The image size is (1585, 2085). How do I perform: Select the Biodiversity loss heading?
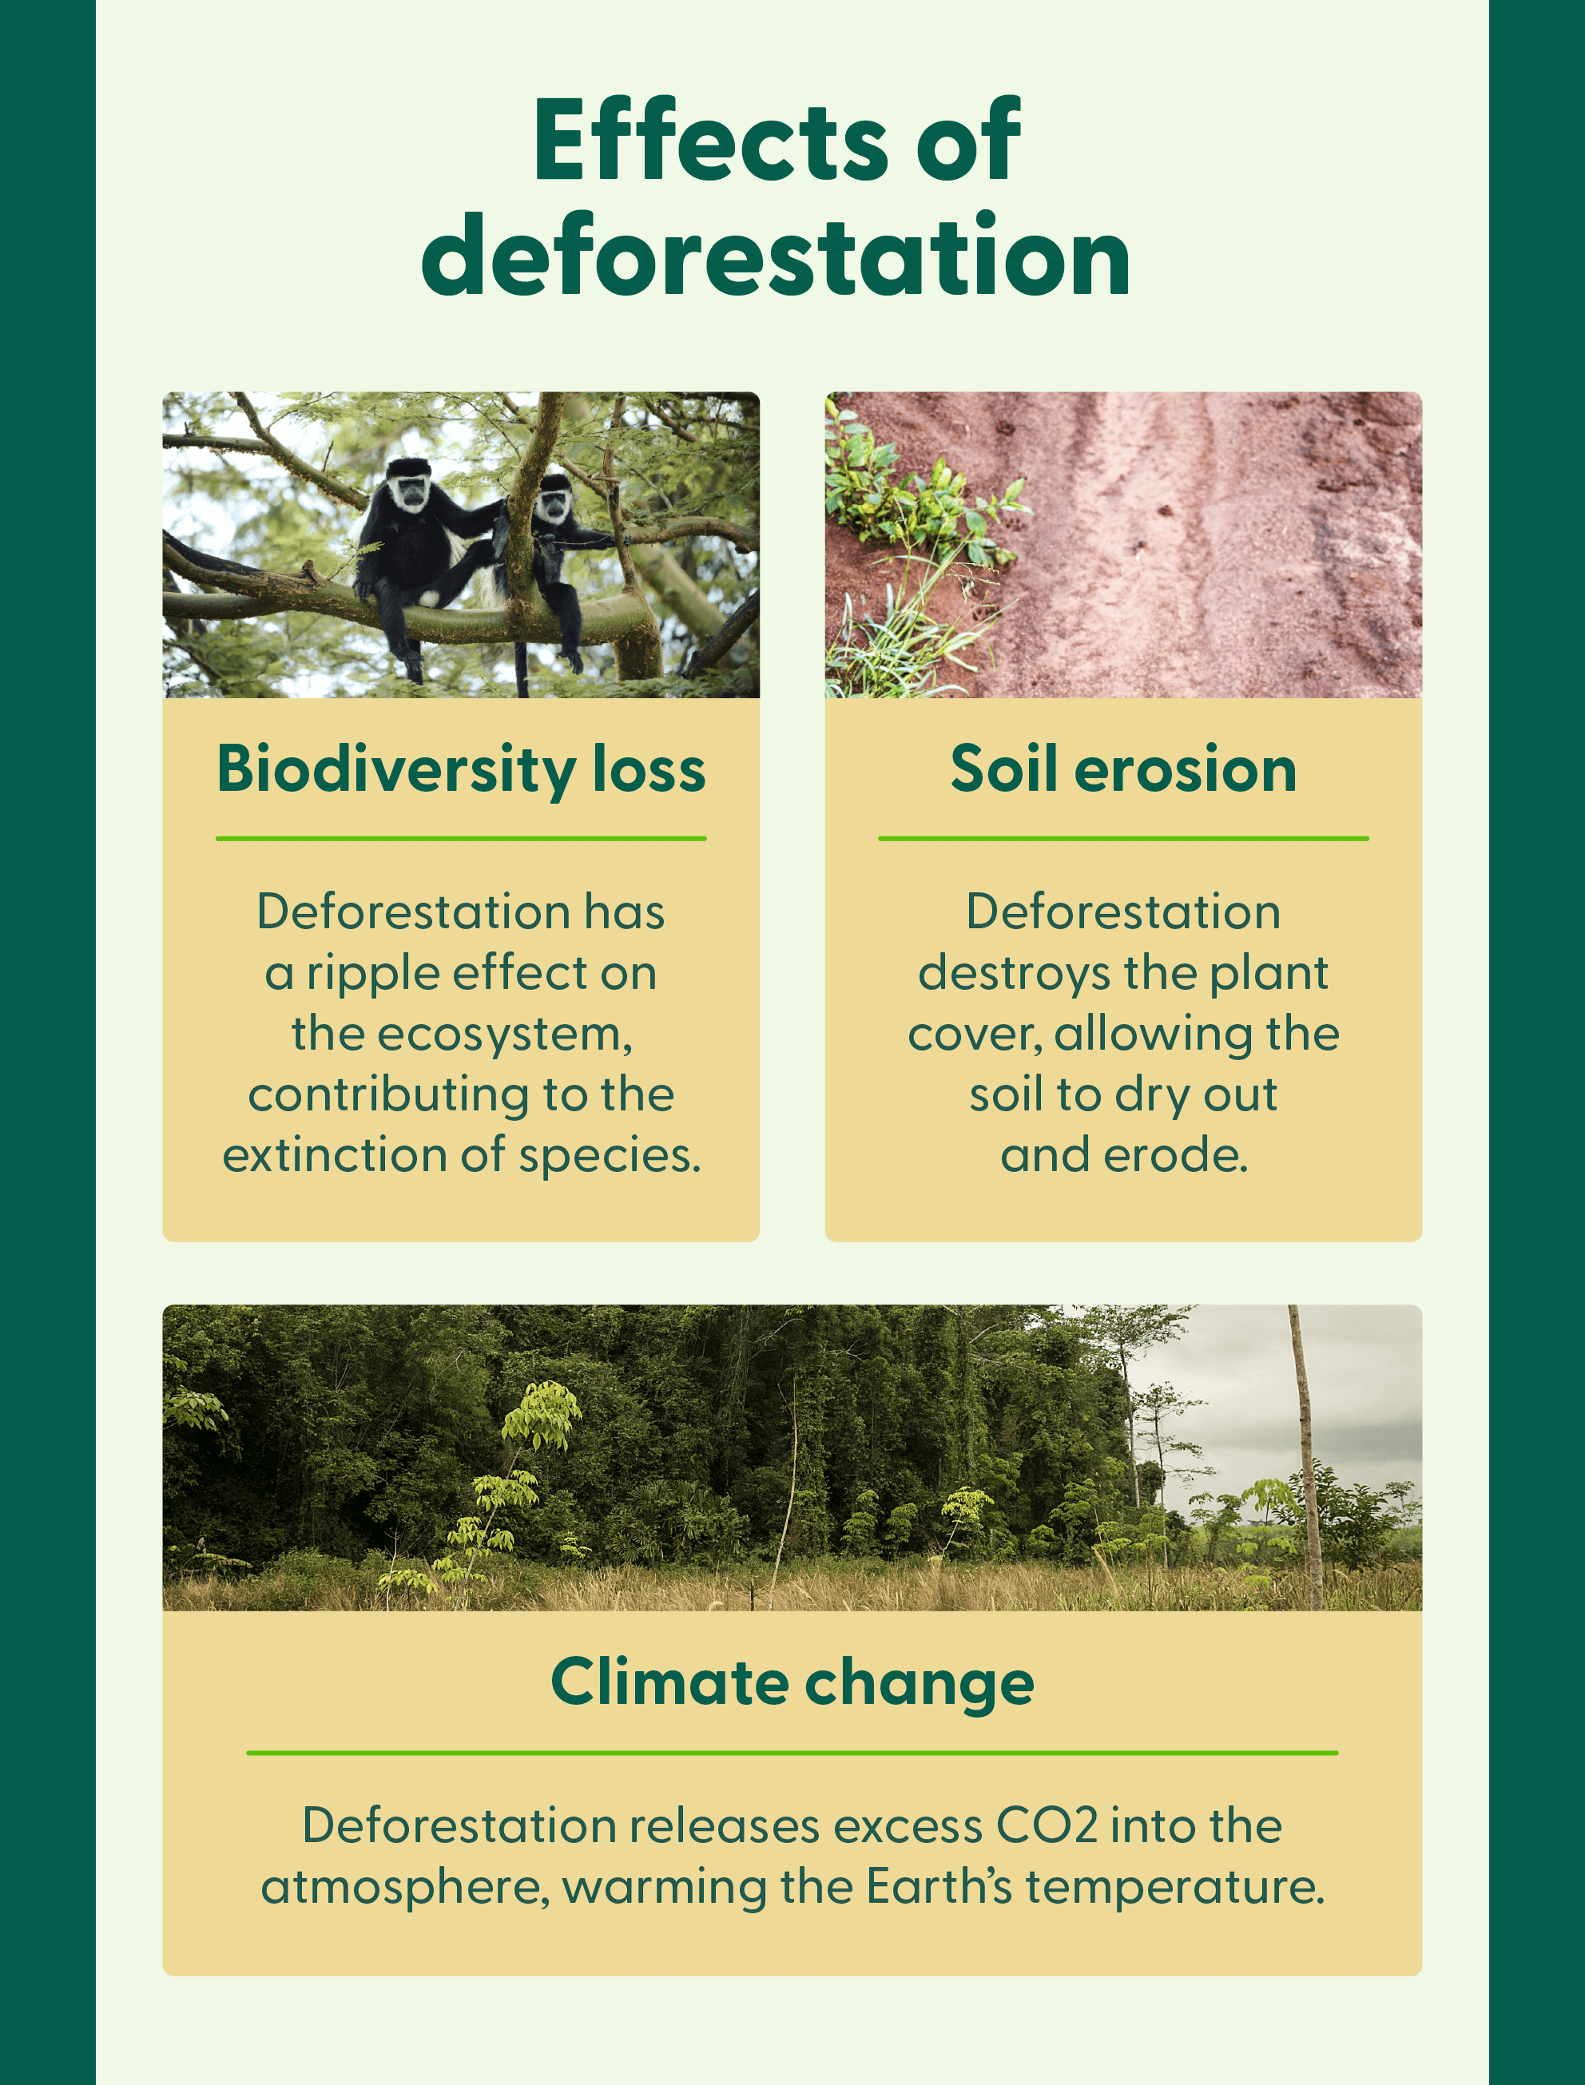pyautogui.click(x=460, y=769)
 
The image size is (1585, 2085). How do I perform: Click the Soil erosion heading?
pyautogui.click(x=1122, y=769)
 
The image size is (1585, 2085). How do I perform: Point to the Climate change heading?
pyautogui.click(x=792, y=1683)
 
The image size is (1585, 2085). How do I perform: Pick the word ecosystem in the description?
pyautogui.click(x=504, y=1034)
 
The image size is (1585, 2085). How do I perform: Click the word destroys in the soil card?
pyautogui.click(x=1013, y=974)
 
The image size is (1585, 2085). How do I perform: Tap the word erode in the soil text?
pyautogui.click(x=1175, y=1156)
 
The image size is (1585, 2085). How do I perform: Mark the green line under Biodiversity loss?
pyautogui.click(x=460, y=838)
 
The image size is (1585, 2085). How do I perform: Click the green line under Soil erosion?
pyautogui.click(x=1122, y=838)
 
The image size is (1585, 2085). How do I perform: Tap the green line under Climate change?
pyautogui.click(x=792, y=1753)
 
